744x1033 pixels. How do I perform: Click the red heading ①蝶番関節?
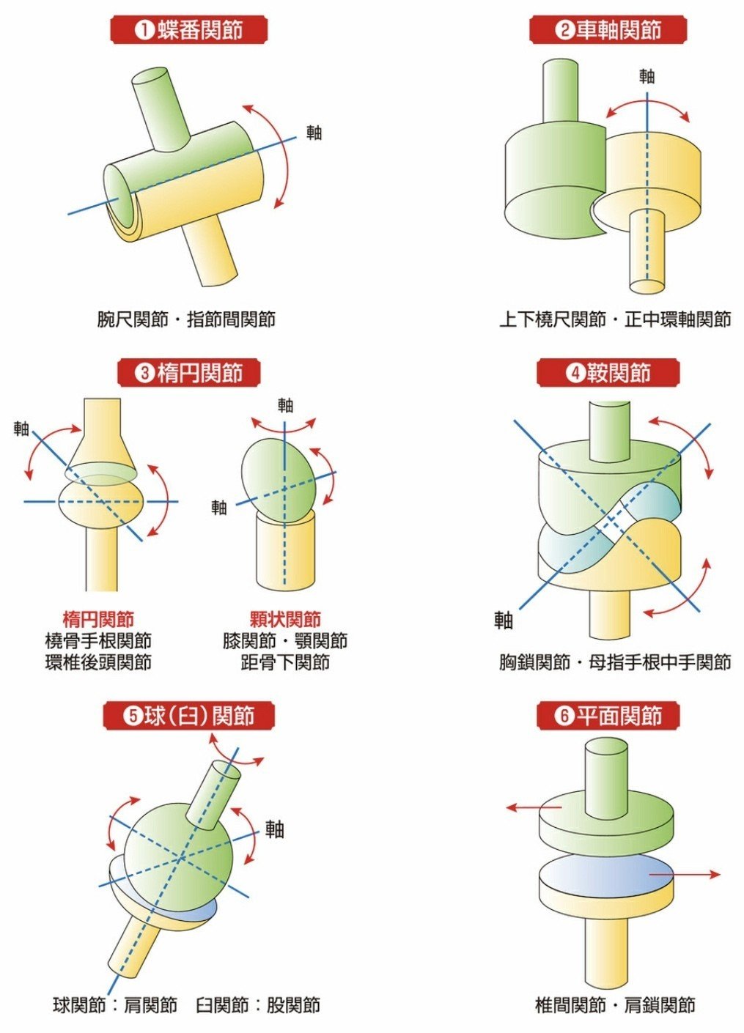coord(189,30)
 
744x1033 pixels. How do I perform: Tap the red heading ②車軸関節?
coord(608,30)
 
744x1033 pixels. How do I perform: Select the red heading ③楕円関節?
coord(189,373)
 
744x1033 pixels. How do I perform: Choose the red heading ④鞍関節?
coord(608,373)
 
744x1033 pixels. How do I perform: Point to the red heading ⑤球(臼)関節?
coord(189,716)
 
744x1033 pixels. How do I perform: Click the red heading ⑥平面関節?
coord(608,716)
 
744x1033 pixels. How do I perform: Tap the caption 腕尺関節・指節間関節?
coord(186,319)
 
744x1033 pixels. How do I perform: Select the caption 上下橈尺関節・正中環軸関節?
coord(615,319)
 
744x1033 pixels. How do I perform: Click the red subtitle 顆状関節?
coord(285,619)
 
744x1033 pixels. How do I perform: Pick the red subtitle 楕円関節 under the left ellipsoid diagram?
coord(98,619)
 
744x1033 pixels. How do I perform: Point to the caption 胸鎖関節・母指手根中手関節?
coord(615,663)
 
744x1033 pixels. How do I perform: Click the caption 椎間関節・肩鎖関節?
coord(615,1005)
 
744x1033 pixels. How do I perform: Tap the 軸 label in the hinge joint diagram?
coord(314,133)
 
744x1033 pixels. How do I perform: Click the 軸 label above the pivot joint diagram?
coord(647,76)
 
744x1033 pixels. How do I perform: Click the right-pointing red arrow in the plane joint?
coord(685,874)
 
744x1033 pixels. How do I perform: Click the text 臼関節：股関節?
coord(257,1005)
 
